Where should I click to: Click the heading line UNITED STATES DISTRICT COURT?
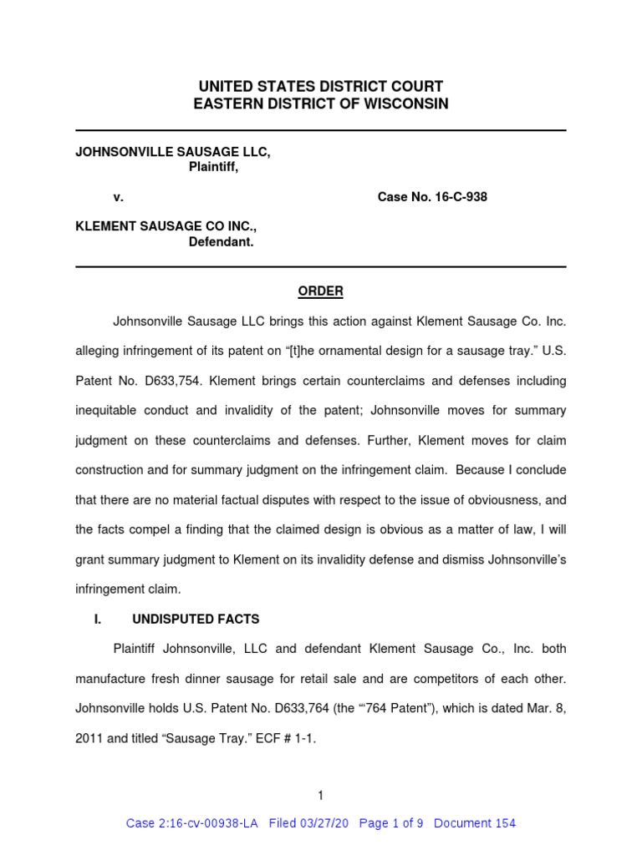(321, 86)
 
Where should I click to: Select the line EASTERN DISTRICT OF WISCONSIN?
(321, 104)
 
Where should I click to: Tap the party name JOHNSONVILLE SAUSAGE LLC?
(173, 153)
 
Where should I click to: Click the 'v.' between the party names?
(119, 198)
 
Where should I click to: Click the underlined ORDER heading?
(321, 291)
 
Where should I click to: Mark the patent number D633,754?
(170, 381)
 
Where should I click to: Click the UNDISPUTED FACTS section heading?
(196, 620)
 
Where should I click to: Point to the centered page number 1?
(320, 796)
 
